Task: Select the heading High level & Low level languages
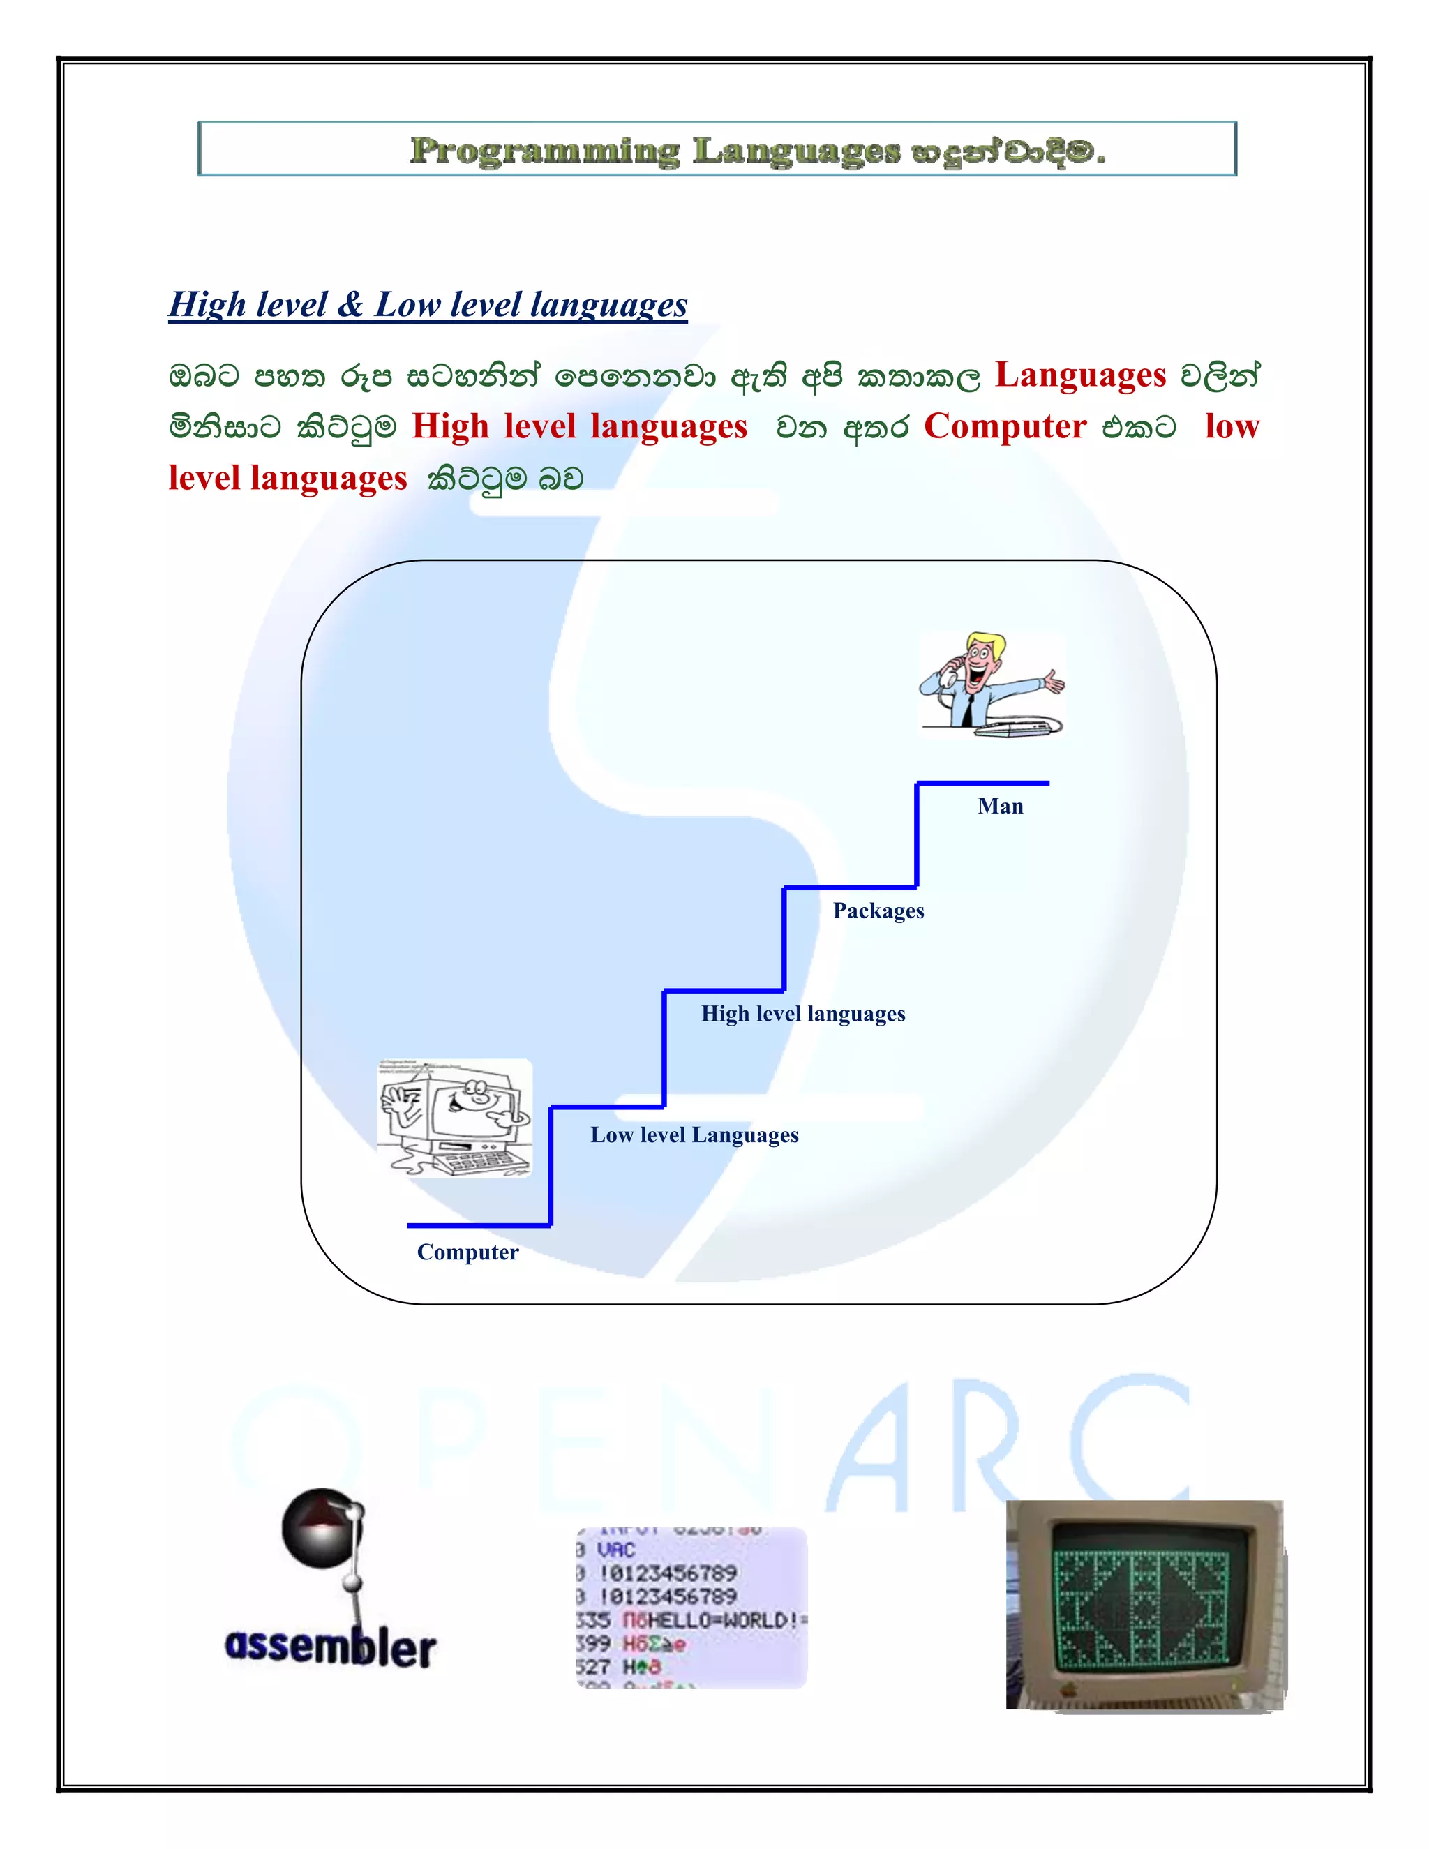[428, 305]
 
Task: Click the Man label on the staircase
[1000, 806]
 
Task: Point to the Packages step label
[878, 911]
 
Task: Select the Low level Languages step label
[694, 1135]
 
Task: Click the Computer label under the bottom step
[467, 1252]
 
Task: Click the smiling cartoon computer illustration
[455, 1118]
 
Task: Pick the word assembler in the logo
[330, 1647]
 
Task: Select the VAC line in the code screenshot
[616, 1549]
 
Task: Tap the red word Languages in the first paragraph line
[1079, 375]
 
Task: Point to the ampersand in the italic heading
[350, 305]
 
